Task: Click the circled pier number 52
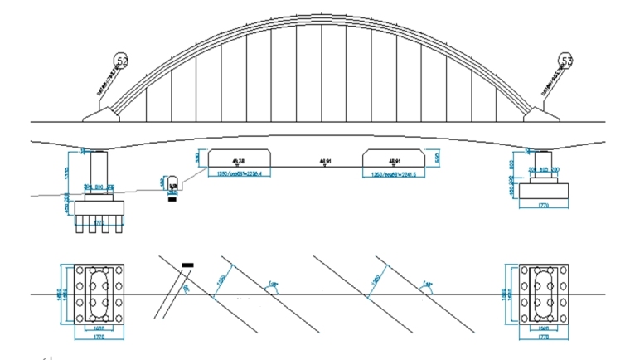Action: click(x=123, y=61)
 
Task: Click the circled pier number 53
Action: click(x=567, y=61)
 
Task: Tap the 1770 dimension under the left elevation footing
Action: click(x=99, y=222)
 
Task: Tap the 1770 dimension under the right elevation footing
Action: click(x=544, y=204)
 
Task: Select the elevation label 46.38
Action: click(x=240, y=160)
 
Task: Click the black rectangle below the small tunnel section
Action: click(x=172, y=199)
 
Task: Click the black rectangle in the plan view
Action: click(x=187, y=265)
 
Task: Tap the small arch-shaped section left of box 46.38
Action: click(x=173, y=182)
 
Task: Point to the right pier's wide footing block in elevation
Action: click(x=544, y=192)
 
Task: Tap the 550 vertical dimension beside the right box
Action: click(x=436, y=156)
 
